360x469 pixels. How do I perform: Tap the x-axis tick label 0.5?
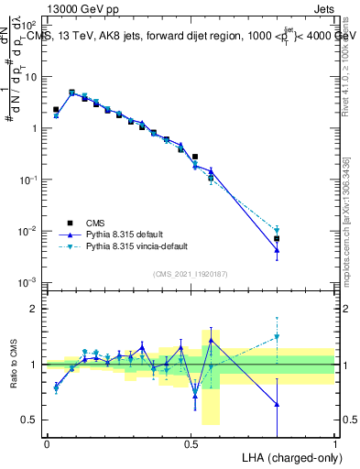[191, 442]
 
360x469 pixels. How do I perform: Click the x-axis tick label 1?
[335, 442]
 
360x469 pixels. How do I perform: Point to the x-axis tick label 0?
[47, 442]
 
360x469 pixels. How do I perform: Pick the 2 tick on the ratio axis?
[35, 309]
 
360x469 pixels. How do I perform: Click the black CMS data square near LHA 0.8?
[277, 239]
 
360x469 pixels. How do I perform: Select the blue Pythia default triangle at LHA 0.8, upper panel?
[277, 250]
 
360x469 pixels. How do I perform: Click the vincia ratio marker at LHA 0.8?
[277, 337]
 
